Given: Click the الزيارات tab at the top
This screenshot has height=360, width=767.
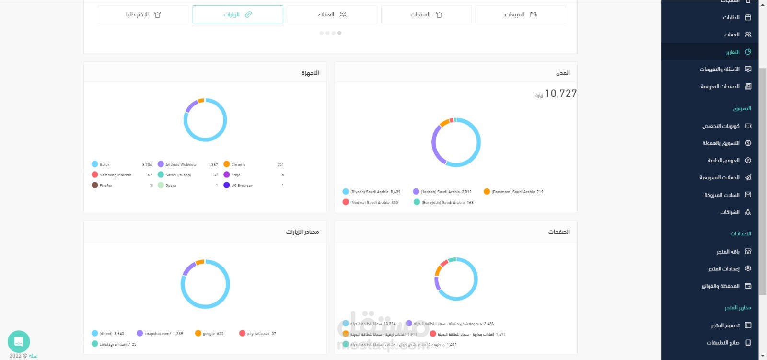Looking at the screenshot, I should click(238, 14).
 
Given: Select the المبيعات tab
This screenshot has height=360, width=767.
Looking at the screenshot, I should click(521, 14).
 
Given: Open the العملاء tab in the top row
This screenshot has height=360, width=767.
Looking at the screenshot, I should click(332, 14).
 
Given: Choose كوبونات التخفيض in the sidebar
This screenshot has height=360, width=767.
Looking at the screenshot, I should click(721, 126).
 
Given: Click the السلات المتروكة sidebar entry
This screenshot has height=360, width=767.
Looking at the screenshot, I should click(722, 195).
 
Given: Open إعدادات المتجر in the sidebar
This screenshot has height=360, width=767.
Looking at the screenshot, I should click(724, 269).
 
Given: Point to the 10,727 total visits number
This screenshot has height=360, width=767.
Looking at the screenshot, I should click(560, 93).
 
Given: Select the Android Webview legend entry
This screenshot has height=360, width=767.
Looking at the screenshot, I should click(180, 164).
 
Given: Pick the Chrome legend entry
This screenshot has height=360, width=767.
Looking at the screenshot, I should click(238, 164).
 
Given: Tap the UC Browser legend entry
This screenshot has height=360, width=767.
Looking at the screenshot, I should click(241, 186).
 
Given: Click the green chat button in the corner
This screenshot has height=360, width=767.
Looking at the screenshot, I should click(19, 342).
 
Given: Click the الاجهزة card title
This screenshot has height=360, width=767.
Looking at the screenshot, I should click(310, 73).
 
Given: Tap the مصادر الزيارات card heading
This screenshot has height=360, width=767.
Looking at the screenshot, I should click(302, 232).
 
